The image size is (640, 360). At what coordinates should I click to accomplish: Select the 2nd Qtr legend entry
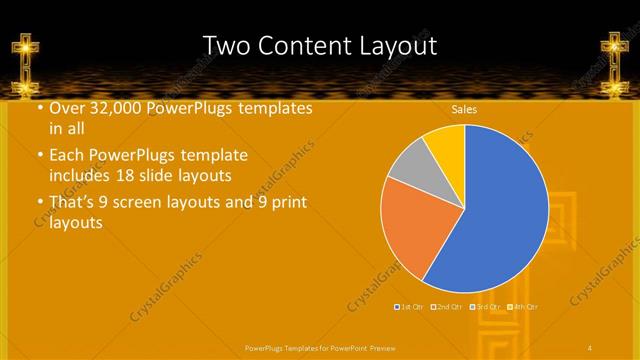(x=446, y=306)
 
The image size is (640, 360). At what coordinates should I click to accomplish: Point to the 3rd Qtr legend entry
(x=486, y=306)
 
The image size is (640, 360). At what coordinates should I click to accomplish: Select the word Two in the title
(x=227, y=46)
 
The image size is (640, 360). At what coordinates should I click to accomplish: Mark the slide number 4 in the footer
(x=590, y=346)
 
